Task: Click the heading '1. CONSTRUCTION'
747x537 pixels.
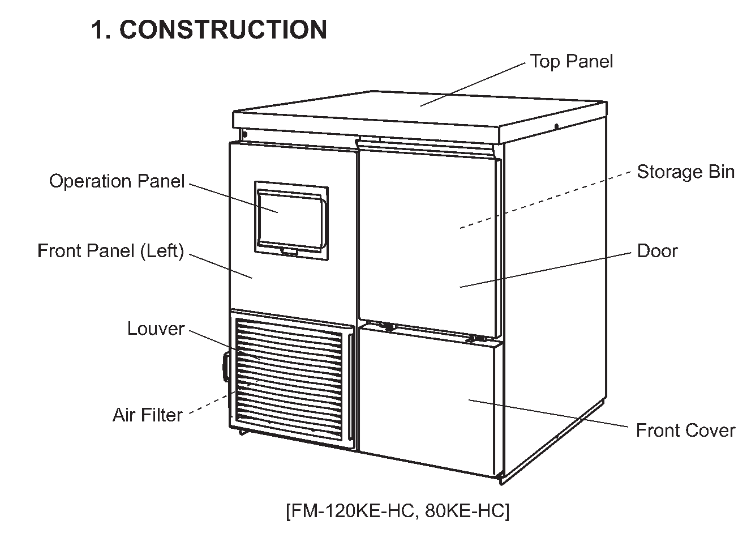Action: [x=209, y=29]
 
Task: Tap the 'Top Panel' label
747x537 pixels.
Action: [x=572, y=61]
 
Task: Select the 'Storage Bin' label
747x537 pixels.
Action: [x=686, y=172]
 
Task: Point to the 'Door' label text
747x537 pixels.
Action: [x=657, y=251]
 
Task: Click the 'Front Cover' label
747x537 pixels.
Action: [x=685, y=430]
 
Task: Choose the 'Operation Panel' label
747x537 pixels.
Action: [x=117, y=181]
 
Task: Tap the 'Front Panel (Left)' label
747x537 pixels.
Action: [x=111, y=251]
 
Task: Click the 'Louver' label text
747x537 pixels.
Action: [x=156, y=329]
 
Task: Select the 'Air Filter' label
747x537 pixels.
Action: [x=148, y=415]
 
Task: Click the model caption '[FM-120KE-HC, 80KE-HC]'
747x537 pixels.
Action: [x=398, y=510]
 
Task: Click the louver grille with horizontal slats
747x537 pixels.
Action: [x=289, y=380]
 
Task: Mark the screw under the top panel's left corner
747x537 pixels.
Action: [x=244, y=134]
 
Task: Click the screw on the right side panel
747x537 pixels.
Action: [x=556, y=127]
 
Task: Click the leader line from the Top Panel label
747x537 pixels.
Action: [x=473, y=84]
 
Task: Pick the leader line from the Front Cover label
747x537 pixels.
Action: [x=548, y=413]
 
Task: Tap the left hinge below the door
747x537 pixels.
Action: [x=388, y=327]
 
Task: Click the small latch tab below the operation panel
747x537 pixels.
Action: [x=290, y=252]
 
